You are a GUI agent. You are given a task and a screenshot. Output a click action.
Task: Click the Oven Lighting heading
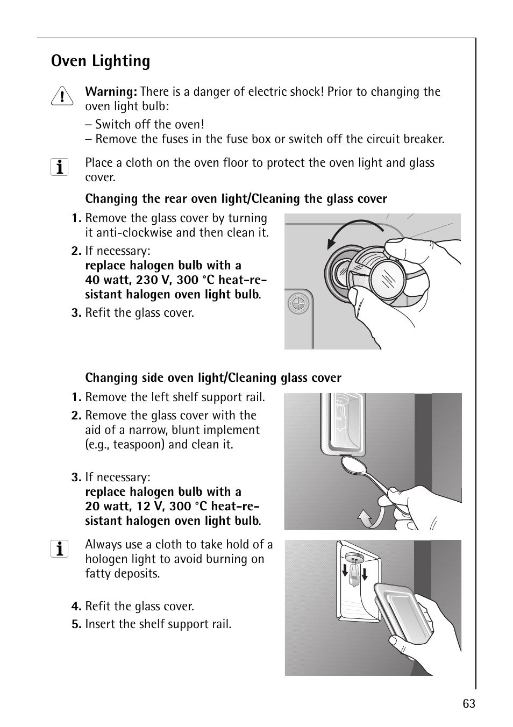[x=100, y=61]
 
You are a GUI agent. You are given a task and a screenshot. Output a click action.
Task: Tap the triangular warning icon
[x=62, y=96]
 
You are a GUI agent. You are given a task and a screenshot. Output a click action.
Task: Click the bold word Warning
[x=111, y=91]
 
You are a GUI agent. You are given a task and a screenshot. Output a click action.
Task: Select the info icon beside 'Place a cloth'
[x=59, y=167]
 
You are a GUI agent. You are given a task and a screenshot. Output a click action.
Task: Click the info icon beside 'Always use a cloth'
[x=59, y=549]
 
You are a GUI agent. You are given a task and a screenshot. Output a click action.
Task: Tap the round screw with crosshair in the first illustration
[x=298, y=304]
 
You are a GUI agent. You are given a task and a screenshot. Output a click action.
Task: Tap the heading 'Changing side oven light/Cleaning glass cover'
[x=213, y=377]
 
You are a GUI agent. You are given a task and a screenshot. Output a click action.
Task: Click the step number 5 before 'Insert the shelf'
[x=76, y=624]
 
